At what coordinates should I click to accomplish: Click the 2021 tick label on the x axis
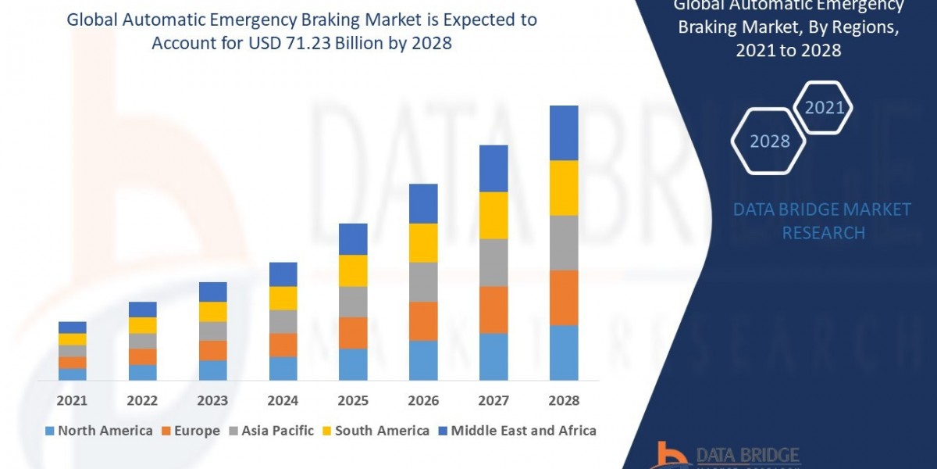(72, 400)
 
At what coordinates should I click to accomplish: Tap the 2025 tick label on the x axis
(353, 400)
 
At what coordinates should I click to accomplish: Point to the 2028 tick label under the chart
(564, 400)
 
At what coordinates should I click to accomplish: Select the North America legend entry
(99, 431)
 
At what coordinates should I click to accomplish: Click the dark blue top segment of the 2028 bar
(564, 133)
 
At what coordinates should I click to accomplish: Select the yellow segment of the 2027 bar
(493, 215)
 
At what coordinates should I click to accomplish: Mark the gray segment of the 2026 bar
(423, 281)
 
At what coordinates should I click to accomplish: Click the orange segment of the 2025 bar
(353, 332)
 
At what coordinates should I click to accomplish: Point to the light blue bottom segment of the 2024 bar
(283, 368)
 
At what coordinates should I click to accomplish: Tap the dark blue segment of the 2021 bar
(72, 327)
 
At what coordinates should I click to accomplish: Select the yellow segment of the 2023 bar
(212, 311)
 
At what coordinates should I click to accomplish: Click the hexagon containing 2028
(769, 141)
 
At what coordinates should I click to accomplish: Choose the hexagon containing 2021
(824, 107)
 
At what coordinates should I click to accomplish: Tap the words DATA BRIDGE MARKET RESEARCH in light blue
(823, 221)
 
